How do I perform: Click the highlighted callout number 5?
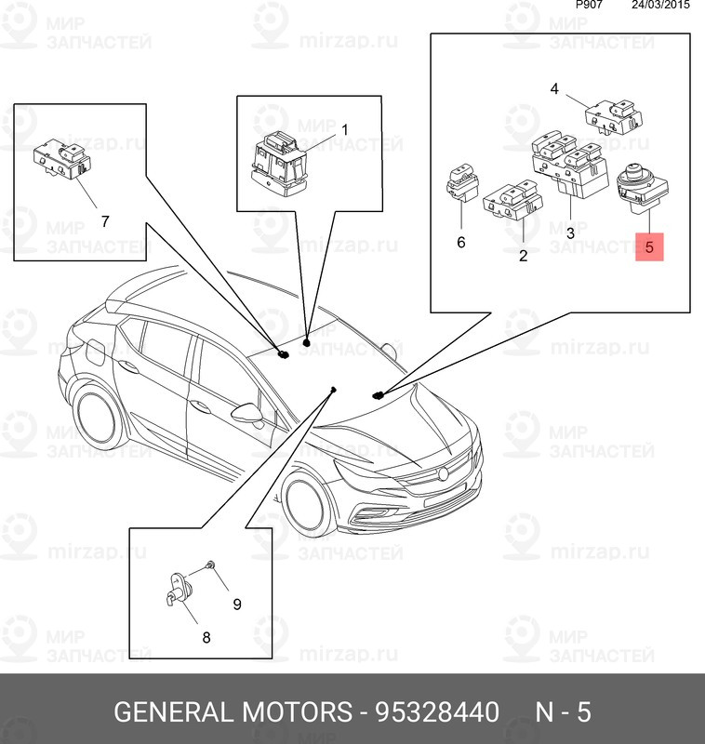(x=649, y=246)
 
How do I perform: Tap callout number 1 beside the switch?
(x=345, y=129)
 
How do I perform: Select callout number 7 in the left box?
(x=105, y=221)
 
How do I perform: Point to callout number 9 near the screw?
(x=237, y=604)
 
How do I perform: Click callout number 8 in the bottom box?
(x=206, y=637)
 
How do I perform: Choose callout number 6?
(x=461, y=242)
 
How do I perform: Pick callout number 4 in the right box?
(x=554, y=88)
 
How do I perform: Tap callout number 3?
(x=570, y=232)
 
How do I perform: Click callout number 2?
(x=524, y=255)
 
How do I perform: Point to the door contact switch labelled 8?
(x=180, y=591)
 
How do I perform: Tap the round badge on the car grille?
(x=443, y=473)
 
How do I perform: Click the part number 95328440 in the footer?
(x=437, y=711)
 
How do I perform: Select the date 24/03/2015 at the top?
(x=660, y=6)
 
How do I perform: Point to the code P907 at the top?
(x=589, y=5)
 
